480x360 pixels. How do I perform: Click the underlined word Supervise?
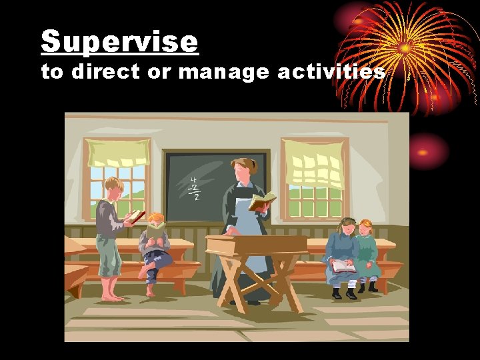(119, 41)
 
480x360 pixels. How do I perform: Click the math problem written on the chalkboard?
(195, 188)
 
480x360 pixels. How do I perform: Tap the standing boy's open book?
(135, 216)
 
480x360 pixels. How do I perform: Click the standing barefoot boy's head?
(113, 188)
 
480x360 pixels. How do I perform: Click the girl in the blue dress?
(341, 257)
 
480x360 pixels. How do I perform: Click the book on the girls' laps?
(344, 266)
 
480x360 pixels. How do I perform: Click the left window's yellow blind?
(117, 153)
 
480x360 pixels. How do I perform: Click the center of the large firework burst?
(405, 48)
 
